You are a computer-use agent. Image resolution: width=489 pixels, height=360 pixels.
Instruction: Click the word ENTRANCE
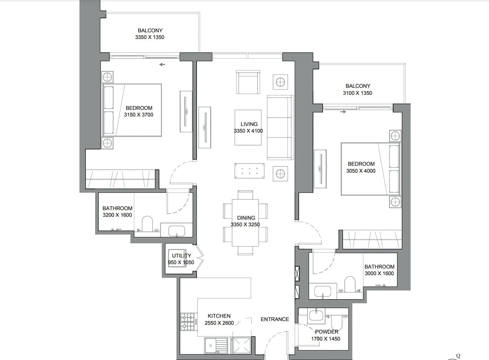coord(274,319)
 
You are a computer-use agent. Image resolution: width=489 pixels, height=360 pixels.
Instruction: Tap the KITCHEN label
coord(219,316)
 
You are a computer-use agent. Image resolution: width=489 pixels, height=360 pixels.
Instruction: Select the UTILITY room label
coord(181,256)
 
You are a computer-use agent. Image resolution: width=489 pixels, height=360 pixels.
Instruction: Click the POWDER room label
coord(327,332)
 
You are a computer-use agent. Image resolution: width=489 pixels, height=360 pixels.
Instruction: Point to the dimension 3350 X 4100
coord(248,131)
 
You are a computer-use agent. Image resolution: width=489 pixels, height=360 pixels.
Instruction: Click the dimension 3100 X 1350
coord(357,93)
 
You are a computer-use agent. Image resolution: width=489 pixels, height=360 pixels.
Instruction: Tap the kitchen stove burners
coord(187,322)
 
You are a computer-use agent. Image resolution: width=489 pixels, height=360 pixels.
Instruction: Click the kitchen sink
coord(216,346)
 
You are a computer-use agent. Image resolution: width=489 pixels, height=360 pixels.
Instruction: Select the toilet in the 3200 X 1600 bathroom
coord(147,224)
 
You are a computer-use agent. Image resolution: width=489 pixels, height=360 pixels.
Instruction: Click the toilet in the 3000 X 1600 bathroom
coord(350,284)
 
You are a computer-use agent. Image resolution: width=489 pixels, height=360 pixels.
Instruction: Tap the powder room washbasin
coord(316,316)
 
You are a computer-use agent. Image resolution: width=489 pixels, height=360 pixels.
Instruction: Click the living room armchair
coord(248,82)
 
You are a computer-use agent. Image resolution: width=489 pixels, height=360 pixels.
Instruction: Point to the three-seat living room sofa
coord(280,127)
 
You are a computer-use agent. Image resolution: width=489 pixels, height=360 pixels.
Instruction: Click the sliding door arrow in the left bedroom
coord(162,64)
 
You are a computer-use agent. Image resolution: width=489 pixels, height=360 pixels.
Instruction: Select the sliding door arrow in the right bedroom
coord(344,112)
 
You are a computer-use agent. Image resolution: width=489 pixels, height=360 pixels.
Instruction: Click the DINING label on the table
coord(246,218)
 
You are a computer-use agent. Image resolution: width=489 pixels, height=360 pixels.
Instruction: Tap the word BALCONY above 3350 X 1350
coord(150,30)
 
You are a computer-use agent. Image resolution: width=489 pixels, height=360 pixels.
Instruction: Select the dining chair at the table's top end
coord(245,195)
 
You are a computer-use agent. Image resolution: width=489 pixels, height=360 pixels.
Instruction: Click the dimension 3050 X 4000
coord(361,171)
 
